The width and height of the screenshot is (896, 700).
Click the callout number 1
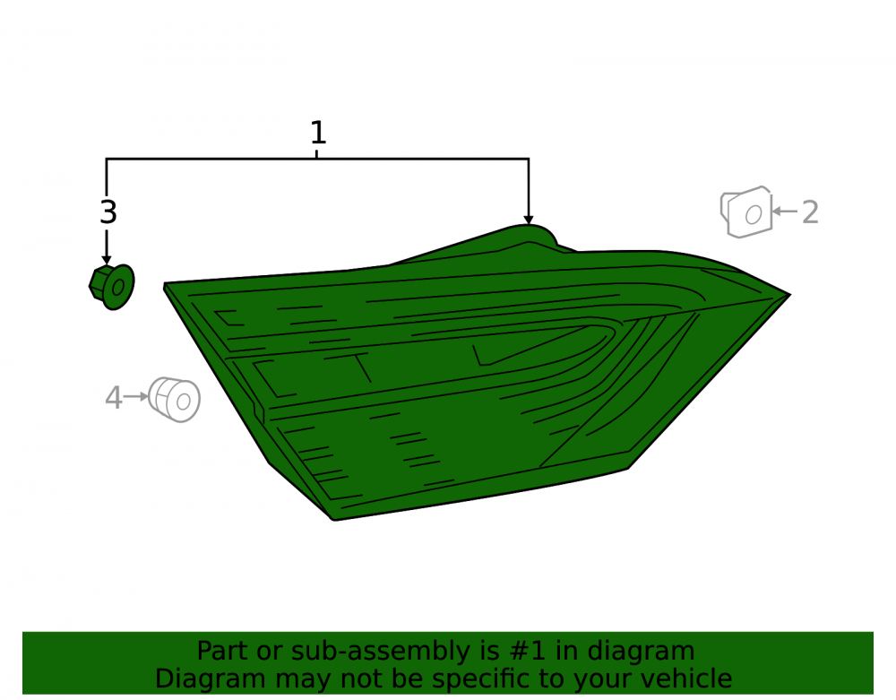[x=318, y=133]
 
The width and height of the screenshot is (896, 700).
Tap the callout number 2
[x=810, y=212]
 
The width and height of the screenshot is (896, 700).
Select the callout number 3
[x=108, y=212]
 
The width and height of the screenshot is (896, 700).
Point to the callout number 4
[x=114, y=398]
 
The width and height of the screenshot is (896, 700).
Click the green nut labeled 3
[x=112, y=287]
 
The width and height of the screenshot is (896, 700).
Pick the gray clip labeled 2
[x=746, y=212]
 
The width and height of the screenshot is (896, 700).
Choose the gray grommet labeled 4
[x=175, y=400]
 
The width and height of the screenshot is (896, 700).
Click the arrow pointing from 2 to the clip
[x=785, y=212]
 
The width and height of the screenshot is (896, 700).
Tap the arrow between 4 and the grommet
[x=136, y=396]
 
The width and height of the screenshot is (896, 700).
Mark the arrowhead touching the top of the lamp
[x=529, y=220]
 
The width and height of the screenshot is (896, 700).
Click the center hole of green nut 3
[x=118, y=288]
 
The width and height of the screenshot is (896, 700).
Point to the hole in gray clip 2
[x=754, y=215]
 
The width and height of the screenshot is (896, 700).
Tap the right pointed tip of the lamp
[x=790, y=295]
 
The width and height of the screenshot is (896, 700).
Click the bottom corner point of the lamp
[x=333, y=520]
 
